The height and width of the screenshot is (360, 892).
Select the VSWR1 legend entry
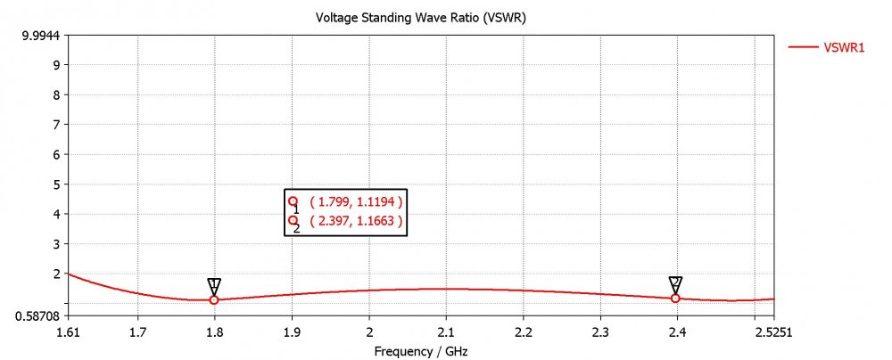843,49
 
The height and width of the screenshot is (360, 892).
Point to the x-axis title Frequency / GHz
419,352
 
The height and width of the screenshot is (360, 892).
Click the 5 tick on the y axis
55,184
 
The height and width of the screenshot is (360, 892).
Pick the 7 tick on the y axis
55,125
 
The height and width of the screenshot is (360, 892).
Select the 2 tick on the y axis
55,274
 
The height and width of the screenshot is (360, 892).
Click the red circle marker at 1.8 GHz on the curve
214,300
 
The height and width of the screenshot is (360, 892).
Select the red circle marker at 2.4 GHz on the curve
675,299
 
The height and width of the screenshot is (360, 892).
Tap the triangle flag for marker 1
214,285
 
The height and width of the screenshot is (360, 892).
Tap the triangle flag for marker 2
675,283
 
